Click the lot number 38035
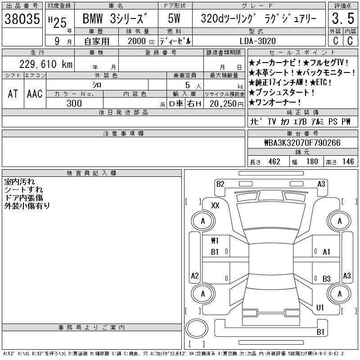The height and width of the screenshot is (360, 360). (x=22, y=19)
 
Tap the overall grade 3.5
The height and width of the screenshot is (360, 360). (x=343, y=18)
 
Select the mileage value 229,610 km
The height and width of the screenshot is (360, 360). (x=46, y=64)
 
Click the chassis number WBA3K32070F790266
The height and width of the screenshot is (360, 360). (x=302, y=143)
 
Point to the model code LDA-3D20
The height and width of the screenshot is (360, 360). (x=257, y=41)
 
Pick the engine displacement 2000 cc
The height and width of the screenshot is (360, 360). (x=141, y=41)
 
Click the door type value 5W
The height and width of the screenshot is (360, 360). (x=174, y=18)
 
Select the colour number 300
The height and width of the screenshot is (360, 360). (x=74, y=103)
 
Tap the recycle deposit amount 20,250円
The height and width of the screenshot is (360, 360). (x=226, y=104)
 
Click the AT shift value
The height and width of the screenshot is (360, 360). (x=13, y=94)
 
